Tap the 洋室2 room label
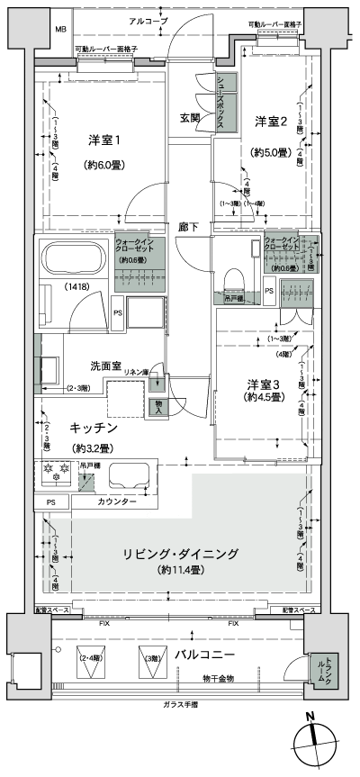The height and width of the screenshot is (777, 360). [270, 121]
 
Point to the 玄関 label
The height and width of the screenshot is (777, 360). [190, 118]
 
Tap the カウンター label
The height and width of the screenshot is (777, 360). [117, 501]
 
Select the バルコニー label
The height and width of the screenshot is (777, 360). [205, 653]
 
